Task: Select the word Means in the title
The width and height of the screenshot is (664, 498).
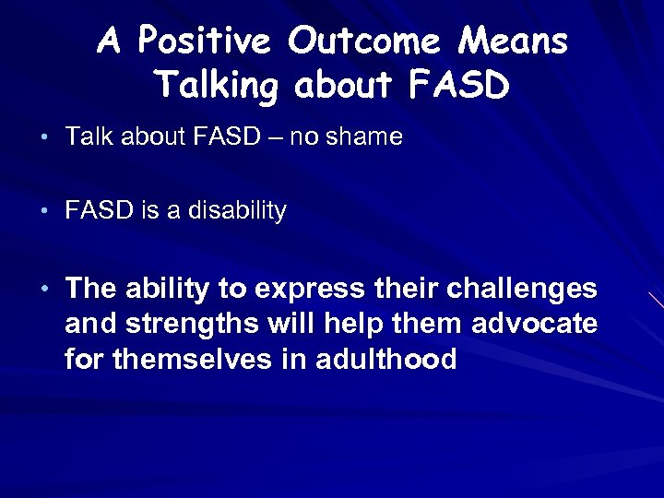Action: point(518,41)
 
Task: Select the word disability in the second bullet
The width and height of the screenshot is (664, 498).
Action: point(238,211)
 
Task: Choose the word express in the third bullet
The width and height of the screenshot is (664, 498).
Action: point(307,290)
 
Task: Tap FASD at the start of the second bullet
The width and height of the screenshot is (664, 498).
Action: point(100,211)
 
